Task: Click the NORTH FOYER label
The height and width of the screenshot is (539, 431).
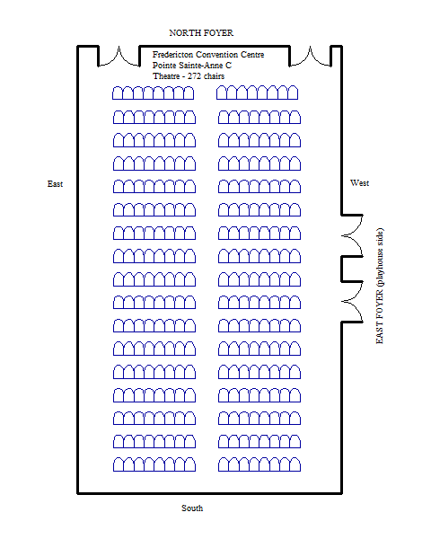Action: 201,33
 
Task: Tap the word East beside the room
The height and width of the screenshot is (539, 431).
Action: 55,184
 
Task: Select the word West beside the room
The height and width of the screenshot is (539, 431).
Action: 359,183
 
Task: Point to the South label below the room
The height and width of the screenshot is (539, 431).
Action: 192,508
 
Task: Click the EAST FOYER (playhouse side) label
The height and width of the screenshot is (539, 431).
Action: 380,286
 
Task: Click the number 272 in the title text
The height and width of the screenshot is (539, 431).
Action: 194,76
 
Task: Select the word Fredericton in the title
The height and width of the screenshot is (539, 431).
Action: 173,55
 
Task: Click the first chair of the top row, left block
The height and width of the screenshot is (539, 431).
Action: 118,93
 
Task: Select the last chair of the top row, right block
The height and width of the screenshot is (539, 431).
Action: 293,93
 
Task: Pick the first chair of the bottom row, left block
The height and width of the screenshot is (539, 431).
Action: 119,464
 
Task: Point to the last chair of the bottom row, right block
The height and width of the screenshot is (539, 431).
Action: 295,464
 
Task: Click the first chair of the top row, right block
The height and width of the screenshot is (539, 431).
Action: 222,93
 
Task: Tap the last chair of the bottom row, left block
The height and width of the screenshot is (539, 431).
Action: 190,464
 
